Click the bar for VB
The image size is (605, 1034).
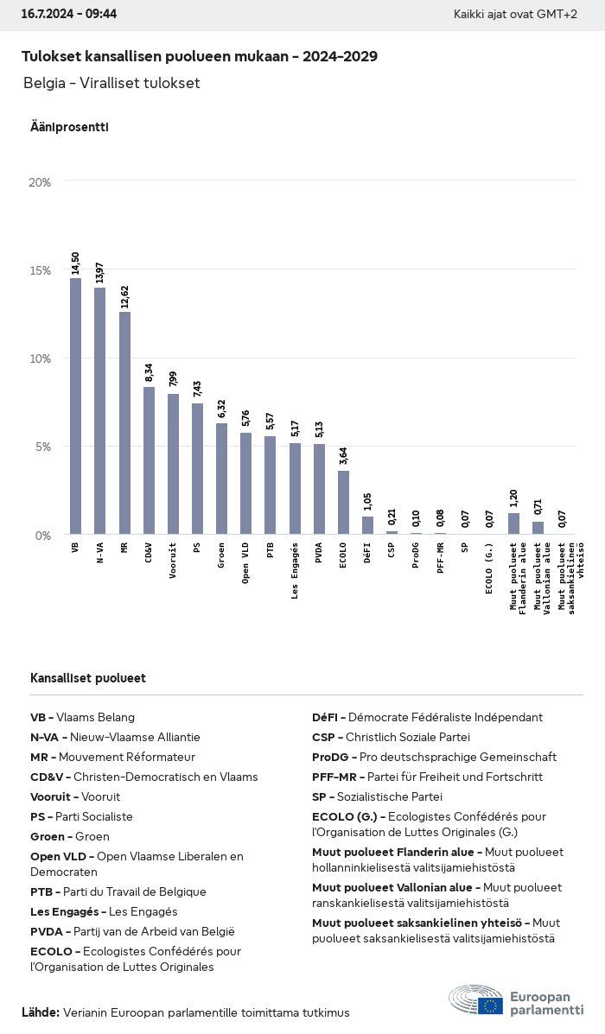pyautogui.click(x=76, y=406)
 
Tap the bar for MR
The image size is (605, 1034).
pyautogui.click(x=124, y=422)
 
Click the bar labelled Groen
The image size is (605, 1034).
pyautogui.click(x=222, y=479)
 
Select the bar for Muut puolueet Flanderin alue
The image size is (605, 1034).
pyautogui.click(x=513, y=523)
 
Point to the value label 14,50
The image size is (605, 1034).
pyautogui.click(x=76, y=263)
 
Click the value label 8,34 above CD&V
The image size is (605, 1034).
pyautogui.click(x=149, y=372)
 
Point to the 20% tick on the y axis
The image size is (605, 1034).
pyautogui.click(x=40, y=182)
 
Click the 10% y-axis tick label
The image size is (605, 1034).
pyautogui.click(x=40, y=358)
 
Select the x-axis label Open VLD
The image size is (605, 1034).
pyautogui.click(x=246, y=563)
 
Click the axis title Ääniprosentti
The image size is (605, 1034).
pyautogui.click(x=69, y=127)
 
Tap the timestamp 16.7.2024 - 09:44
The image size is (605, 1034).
pyautogui.click(x=69, y=14)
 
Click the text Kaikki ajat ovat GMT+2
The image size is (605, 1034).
pyautogui.click(x=515, y=15)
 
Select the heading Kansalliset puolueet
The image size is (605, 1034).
pyautogui.click(x=88, y=678)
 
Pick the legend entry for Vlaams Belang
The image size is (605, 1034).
pyautogui.click(x=83, y=717)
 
